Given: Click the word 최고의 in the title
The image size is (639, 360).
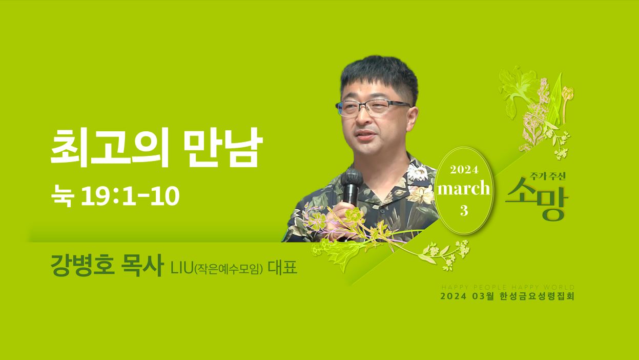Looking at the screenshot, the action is (110, 147).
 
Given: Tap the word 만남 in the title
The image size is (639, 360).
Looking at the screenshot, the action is (223, 147).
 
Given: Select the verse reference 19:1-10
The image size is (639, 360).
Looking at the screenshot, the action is (130, 196).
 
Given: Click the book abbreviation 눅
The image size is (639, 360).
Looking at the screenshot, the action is (63, 196).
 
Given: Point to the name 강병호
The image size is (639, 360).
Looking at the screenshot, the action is (83, 265).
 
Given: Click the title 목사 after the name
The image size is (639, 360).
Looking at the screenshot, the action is (142, 265).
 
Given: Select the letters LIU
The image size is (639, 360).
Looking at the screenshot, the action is (182, 268).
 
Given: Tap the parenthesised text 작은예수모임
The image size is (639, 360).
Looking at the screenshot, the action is (228, 269).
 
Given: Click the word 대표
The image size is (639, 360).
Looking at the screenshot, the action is (282, 268).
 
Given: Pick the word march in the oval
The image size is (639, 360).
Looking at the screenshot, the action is (464, 188).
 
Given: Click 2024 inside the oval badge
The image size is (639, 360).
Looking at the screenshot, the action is (464, 170).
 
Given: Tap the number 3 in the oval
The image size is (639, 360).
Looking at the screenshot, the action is (464, 211).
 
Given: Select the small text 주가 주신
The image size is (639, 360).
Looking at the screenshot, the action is (547, 176).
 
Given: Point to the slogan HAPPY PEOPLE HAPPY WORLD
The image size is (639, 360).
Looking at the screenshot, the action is (507, 287).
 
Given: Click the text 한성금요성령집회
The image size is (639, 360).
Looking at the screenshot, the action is (537, 296).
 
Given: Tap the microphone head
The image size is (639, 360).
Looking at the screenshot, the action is (352, 177).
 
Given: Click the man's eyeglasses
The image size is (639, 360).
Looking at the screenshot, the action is (373, 108).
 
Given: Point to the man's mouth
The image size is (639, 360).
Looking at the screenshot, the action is (366, 134).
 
